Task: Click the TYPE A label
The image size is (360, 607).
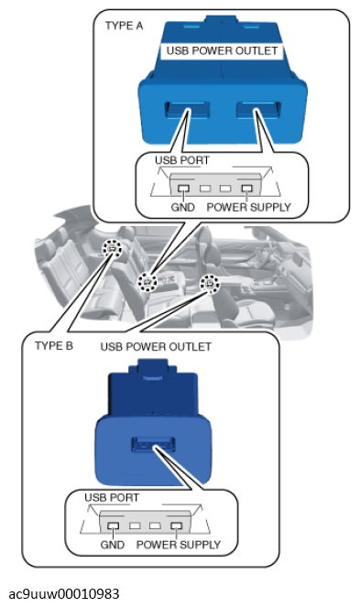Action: click(x=124, y=26)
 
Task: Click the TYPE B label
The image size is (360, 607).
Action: click(x=54, y=345)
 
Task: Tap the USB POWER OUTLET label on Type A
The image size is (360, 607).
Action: click(x=222, y=50)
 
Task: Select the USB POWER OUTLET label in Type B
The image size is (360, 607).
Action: click(x=156, y=346)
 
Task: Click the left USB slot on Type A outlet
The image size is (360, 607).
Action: click(x=186, y=110)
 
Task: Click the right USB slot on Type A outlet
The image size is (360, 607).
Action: click(x=258, y=110)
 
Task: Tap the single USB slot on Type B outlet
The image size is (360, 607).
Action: click(x=153, y=444)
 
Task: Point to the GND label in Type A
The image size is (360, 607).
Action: click(x=182, y=207)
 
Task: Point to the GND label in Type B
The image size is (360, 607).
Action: click(x=113, y=545)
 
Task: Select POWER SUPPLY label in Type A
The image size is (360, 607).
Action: click(x=248, y=207)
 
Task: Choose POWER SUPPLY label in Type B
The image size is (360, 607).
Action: click(x=179, y=545)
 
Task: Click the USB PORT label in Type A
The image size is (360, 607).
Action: click(x=182, y=160)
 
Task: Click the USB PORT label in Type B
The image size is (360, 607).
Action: click(x=112, y=497)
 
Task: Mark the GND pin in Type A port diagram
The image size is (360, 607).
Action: click(x=183, y=189)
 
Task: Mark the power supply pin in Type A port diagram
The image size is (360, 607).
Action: click(x=246, y=189)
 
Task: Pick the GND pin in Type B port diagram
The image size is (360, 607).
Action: click(x=114, y=526)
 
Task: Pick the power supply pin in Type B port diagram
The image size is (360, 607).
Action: click(x=176, y=526)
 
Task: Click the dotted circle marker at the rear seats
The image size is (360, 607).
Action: click(x=112, y=248)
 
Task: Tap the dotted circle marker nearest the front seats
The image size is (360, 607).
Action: click(x=209, y=284)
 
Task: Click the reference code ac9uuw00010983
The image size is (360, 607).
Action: click(x=64, y=593)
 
